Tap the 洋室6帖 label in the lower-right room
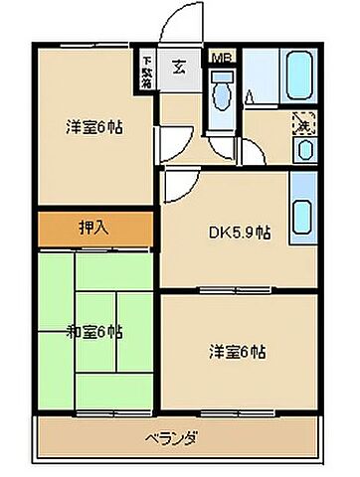tap(237, 351)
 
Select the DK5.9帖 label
tap(240, 235)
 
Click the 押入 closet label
tap(95, 228)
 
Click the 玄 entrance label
tap(180, 69)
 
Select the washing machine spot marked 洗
tap(303, 126)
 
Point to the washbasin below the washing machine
tap(303, 151)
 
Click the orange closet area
tap(95, 228)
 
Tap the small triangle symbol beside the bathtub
tap(250, 97)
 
